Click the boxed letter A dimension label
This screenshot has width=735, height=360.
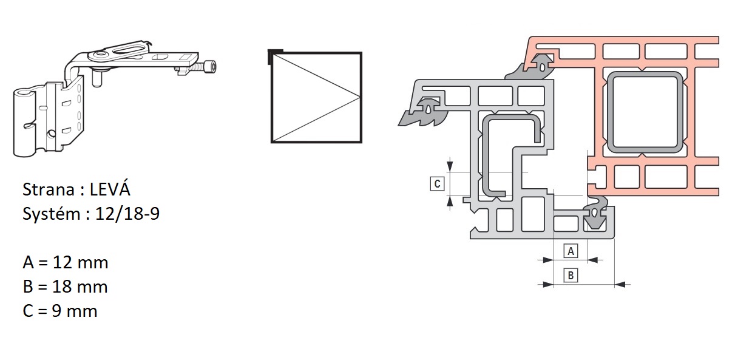click(x=571, y=251)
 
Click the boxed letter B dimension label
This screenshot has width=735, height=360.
click(x=571, y=275)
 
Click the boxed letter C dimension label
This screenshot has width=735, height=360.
click(x=438, y=184)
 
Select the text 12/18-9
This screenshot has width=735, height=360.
click(x=127, y=214)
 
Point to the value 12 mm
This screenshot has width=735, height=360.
click(x=80, y=262)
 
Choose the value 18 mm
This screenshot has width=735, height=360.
click(x=80, y=287)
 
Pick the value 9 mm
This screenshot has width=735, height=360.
click(x=75, y=311)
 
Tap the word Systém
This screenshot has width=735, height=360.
click(x=52, y=214)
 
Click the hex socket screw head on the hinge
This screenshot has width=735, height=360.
click(x=210, y=67)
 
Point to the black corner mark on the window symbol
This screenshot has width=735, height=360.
click(x=275, y=54)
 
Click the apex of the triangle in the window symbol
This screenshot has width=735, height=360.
click(x=360, y=97)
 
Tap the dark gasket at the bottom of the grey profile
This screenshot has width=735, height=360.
click(x=595, y=216)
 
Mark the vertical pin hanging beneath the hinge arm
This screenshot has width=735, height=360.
click(x=97, y=79)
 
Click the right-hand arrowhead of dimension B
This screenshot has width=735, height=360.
click(x=620, y=285)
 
